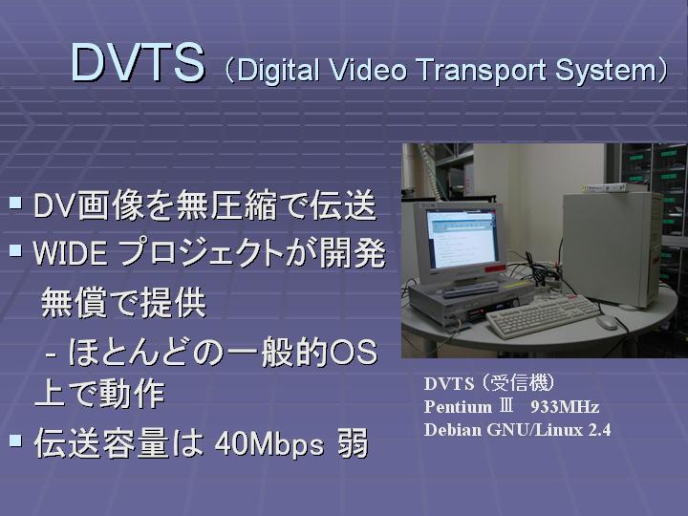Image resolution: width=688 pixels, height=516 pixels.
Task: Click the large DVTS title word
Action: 138,62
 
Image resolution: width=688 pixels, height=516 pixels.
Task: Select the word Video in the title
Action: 368,70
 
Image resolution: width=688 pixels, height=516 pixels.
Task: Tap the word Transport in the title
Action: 481,71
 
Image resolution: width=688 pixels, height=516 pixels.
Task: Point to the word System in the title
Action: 606,71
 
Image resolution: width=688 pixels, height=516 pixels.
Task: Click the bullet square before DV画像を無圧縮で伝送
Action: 15,203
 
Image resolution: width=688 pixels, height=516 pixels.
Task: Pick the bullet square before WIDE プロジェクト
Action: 15,250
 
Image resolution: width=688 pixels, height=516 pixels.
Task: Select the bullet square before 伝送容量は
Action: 15,441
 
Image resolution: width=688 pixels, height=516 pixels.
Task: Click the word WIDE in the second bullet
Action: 70,253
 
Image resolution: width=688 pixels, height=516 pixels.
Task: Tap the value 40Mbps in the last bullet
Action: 269,444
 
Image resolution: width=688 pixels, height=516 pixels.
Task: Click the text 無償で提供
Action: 123,302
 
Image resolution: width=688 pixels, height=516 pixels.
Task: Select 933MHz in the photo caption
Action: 565,407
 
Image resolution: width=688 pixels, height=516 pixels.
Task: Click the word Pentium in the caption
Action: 458,407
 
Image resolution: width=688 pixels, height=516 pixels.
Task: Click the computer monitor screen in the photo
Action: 463,239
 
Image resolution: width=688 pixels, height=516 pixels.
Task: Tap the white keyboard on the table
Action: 543,315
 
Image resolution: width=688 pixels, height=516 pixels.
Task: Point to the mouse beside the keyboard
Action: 607,323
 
